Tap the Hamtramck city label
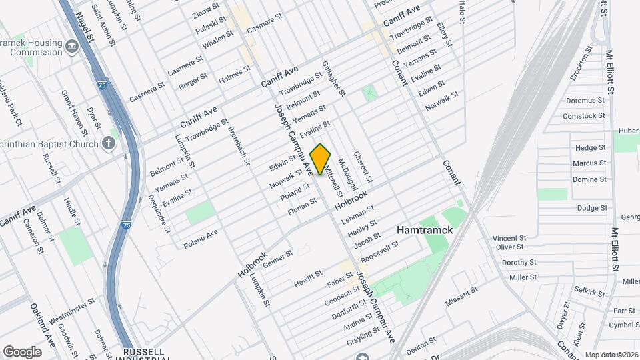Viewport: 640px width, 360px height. [x=425, y=229]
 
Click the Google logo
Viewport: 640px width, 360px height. [x=22, y=351]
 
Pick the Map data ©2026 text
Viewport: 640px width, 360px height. [x=611, y=355]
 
